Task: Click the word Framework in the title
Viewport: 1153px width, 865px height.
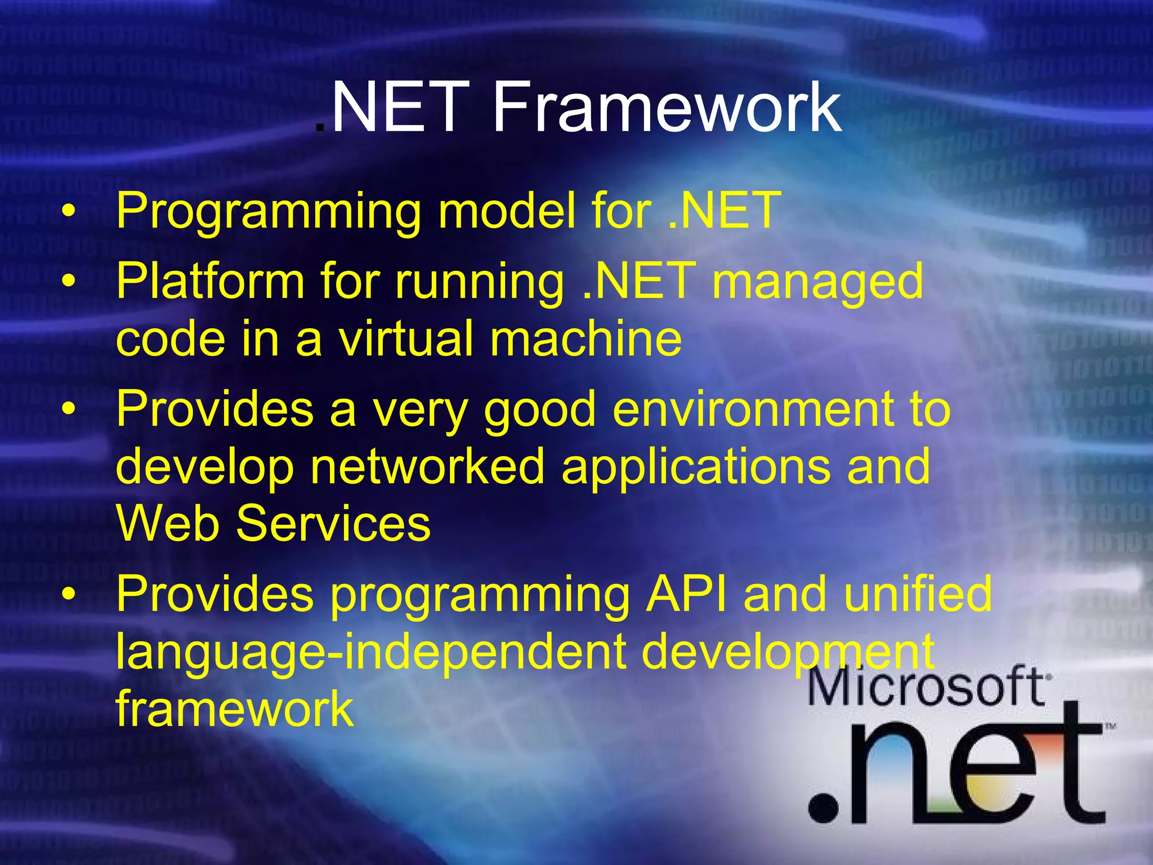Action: coord(667,107)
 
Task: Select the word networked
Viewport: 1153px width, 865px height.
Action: coord(427,467)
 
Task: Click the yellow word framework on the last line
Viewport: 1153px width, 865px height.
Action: coord(234,708)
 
